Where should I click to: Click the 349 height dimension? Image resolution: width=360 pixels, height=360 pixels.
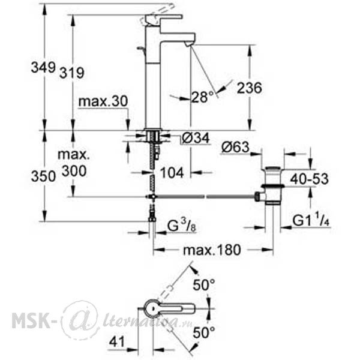(x=43, y=68)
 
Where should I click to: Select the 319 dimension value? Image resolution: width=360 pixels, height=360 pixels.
(x=72, y=73)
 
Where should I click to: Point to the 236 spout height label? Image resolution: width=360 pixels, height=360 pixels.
(x=250, y=88)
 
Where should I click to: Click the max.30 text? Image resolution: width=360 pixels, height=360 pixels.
(x=103, y=101)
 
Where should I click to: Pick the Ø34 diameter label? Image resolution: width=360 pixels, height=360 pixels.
(x=196, y=138)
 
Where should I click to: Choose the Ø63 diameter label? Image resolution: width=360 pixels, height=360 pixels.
(x=235, y=147)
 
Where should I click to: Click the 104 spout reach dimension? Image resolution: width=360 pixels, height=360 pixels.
(x=172, y=172)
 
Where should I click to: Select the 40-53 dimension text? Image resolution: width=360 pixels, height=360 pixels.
(x=309, y=179)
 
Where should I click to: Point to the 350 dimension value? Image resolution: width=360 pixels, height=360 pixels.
(x=43, y=176)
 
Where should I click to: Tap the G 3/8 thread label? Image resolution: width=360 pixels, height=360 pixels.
(x=182, y=226)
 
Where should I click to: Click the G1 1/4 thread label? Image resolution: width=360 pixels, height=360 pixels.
(x=311, y=221)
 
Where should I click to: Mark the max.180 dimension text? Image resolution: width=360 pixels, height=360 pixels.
(x=212, y=250)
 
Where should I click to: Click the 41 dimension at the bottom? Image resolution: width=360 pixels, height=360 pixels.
(x=116, y=341)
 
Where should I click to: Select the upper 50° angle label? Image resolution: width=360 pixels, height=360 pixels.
(x=204, y=285)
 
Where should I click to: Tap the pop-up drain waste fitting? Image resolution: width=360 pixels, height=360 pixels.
(x=272, y=185)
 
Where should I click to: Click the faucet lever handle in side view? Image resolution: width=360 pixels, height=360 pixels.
(x=163, y=19)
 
